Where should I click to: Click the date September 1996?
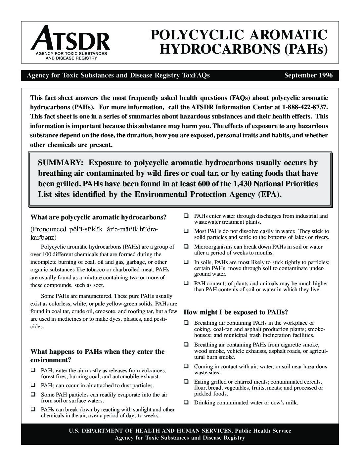tap(308, 75)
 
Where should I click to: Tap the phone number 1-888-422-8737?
tap(305, 107)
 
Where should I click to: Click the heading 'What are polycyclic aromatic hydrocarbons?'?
tap(98, 217)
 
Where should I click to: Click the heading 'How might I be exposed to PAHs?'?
tap(236, 312)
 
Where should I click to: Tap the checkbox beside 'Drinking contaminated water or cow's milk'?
tap(186, 402)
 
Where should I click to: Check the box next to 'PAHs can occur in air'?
tap(33, 385)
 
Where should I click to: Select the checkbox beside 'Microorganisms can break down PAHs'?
tap(186, 247)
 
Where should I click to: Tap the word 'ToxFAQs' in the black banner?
tap(196, 75)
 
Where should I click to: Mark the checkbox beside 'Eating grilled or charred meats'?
tap(186, 382)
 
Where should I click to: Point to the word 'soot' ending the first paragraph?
tap(98, 285)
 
